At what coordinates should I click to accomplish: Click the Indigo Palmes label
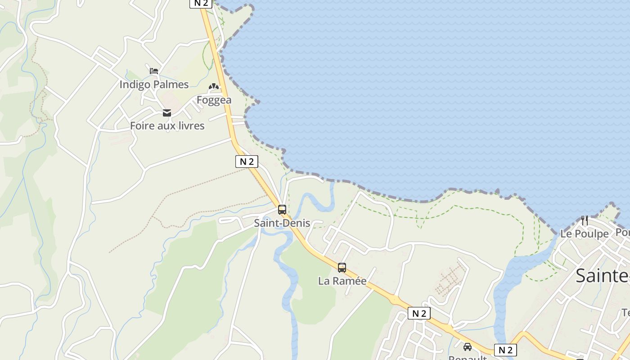click(154, 84)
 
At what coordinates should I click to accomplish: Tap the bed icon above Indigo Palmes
click(154, 71)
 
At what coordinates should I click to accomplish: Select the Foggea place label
click(214, 100)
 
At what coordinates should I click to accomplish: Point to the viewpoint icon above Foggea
click(214, 86)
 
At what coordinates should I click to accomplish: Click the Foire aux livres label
click(167, 126)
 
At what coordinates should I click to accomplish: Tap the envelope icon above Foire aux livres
click(167, 113)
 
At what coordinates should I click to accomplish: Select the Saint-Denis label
click(282, 223)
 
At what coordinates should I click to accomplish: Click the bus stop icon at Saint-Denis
click(282, 210)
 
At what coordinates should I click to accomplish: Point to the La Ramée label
click(342, 281)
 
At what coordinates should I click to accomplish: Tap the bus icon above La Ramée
click(342, 268)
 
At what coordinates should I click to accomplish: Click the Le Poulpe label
click(584, 234)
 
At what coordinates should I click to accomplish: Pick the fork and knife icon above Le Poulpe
click(585, 220)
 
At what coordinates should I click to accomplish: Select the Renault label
click(468, 358)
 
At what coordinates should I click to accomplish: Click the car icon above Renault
click(468, 347)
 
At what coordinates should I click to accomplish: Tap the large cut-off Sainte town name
click(603, 275)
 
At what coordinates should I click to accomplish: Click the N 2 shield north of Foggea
click(201, 3)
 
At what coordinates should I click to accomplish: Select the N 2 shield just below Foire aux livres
click(247, 162)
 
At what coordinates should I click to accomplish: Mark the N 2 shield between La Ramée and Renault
click(419, 313)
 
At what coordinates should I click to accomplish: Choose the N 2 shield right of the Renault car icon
click(505, 350)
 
